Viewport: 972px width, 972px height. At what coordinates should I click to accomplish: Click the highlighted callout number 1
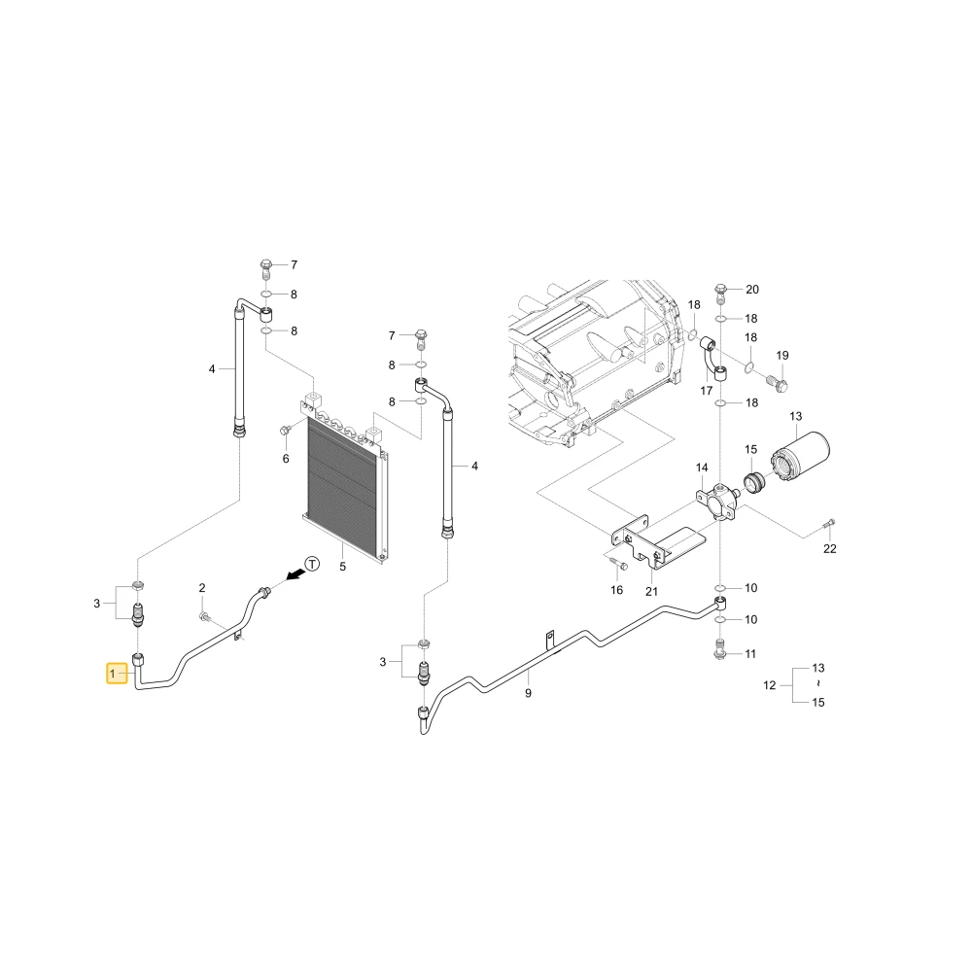point(113,674)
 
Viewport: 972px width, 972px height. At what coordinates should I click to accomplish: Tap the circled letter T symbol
point(313,564)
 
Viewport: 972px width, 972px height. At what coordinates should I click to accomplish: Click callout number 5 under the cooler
point(343,567)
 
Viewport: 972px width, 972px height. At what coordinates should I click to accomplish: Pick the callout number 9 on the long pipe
point(528,693)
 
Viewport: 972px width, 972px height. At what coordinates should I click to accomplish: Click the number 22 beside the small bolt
point(829,548)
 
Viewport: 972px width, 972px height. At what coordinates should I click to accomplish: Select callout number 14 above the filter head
point(702,468)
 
